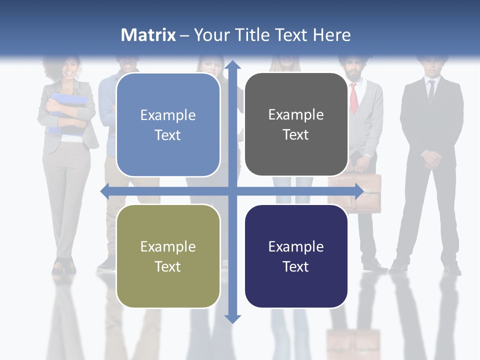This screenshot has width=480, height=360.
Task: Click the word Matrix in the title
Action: point(148,35)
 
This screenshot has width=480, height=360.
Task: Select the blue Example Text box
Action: point(168,124)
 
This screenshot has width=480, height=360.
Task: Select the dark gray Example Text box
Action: point(296,124)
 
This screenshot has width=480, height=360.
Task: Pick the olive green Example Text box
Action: point(168,256)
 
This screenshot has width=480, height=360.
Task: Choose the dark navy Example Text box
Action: point(296,256)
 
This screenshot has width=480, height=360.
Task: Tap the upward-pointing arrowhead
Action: point(232,65)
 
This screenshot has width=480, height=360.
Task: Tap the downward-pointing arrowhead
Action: point(232,318)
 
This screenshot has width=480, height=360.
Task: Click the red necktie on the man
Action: point(354,97)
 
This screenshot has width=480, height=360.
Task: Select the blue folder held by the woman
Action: point(67,107)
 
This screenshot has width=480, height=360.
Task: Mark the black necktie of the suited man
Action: point(431,90)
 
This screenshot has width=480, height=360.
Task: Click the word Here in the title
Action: point(332,35)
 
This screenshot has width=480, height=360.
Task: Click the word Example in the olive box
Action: point(168,246)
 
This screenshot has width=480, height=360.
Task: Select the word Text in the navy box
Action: point(296,266)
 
